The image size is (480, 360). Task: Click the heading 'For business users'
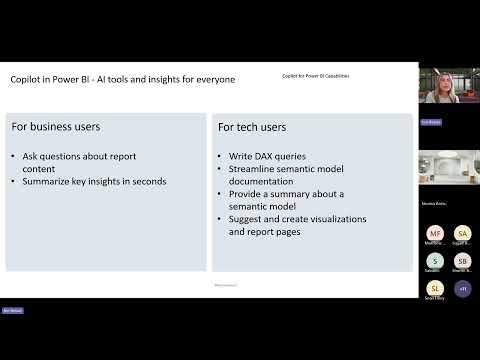click(56, 127)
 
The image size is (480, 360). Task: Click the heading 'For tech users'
click(254, 128)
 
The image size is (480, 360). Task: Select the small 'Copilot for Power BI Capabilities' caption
click(317, 76)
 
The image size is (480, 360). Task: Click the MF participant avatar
click(435, 233)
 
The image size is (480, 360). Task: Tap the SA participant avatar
click(462, 233)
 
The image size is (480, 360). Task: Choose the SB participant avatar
click(462, 261)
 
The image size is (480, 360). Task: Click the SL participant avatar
click(435, 289)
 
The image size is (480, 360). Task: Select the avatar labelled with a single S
click(435, 261)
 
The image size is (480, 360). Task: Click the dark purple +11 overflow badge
click(462, 289)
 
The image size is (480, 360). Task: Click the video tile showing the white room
click(447, 166)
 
